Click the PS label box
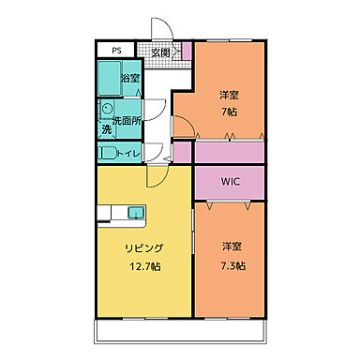click(x=117, y=52)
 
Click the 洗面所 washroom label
click(x=127, y=121)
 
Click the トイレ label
click(x=130, y=152)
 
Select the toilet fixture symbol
click(x=107, y=152)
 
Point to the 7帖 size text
click(x=230, y=111)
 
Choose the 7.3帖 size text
click(x=233, y=265)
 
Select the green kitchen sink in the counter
click(x=136, y=210)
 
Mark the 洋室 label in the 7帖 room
click(x=230, y=95)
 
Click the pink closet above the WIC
click(x=230, y=151)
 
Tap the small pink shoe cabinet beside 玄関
click(x=187, y=51)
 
